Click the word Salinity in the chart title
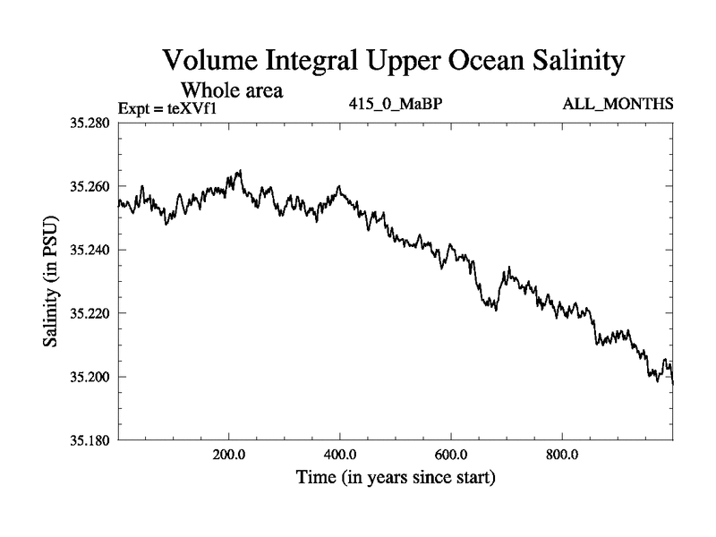565,63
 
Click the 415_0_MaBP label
396,105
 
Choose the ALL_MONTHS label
618,105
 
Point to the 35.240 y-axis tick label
91,250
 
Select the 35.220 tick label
91,313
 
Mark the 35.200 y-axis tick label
91,377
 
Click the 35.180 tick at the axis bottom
91,440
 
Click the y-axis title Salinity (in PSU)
52,281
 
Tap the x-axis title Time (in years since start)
396,478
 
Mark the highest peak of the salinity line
240,170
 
